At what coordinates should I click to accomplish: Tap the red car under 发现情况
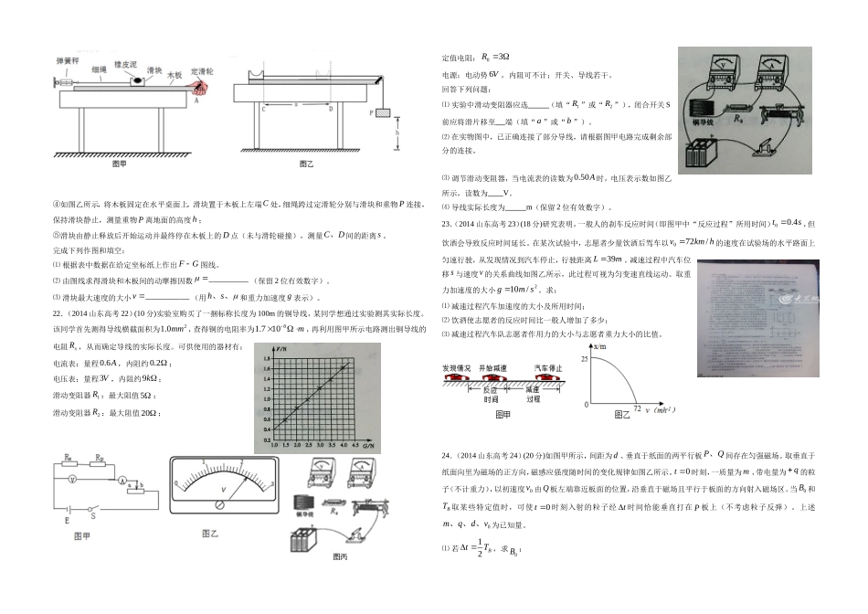coord(456,376)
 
